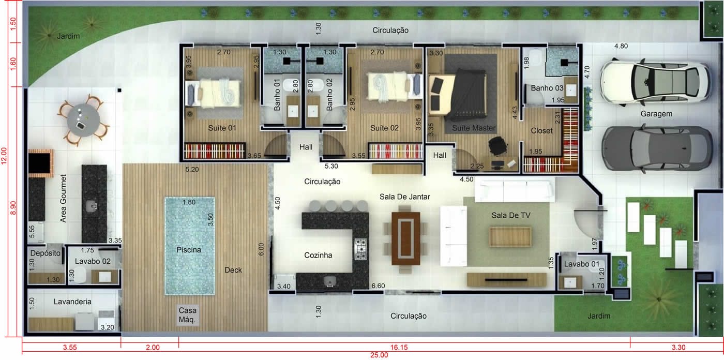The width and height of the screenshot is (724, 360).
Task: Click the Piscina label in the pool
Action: click(x=189, y=250)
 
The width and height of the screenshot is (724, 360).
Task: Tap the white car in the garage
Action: click(x=656, y=82)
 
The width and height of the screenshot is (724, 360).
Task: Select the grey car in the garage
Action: click(x=657, y=148)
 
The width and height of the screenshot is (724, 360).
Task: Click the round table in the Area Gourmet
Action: click(x=83, y=120)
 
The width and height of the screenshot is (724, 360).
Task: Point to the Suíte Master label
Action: click(x=474, y=128)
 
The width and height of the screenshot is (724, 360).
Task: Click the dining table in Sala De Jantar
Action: click(x=405, y=238)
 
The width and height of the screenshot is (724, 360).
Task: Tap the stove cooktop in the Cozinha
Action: click(x=360, y=249)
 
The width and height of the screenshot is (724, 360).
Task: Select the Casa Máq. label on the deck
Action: click(x=187, y=315)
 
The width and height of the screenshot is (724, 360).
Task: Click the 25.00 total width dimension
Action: click(x=379, y=355)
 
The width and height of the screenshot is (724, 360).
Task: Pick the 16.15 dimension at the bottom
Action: click(x=399, y=348)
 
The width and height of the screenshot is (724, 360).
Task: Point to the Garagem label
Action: click(x=656, y=114)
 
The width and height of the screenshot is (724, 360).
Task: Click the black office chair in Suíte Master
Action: click(x=497, y=145)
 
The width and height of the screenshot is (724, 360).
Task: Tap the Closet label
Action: click(x=542, y=131)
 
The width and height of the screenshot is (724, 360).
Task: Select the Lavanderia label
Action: click(x=72, y=302)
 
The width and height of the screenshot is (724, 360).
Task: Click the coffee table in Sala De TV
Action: click(x=510, y=236)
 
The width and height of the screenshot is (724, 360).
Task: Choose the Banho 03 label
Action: click(x=547, y=88)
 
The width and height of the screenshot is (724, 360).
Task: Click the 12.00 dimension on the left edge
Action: click(x=4, y=156)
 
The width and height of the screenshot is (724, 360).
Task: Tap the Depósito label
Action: click(x=46, y=253)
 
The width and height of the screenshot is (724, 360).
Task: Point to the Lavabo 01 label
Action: click(x=581, y=264)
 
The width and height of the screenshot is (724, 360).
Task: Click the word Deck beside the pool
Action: click(x=233, y=270)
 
